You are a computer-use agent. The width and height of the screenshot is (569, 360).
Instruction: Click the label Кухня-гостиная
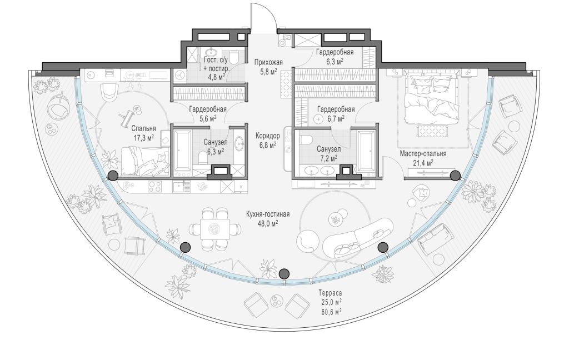coord(268,214)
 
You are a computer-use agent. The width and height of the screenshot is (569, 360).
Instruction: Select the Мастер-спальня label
coord(423,154)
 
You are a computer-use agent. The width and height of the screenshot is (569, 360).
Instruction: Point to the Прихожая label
coord(268,62)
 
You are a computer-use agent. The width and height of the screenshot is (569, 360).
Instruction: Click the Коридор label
coord(267,136)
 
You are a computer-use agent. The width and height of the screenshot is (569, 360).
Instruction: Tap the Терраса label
coord(330,293)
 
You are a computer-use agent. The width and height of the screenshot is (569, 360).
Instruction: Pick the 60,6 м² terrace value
coord(330,311)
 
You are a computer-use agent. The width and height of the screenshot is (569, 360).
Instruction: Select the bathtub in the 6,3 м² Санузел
coord(182,150)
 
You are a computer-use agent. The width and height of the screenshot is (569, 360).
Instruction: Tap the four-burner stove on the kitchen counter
coord(155,187)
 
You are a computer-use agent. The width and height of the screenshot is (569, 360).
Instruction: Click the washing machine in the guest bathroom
coord(179,75)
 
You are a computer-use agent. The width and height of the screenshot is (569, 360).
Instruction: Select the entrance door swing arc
coord(271,14)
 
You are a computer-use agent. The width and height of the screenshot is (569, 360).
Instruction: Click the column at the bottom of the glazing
coord(284,274)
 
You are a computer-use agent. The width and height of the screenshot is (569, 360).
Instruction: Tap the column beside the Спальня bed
coord(113,176)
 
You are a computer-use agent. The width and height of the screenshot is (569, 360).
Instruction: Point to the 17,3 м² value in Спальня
coord(143,137)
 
